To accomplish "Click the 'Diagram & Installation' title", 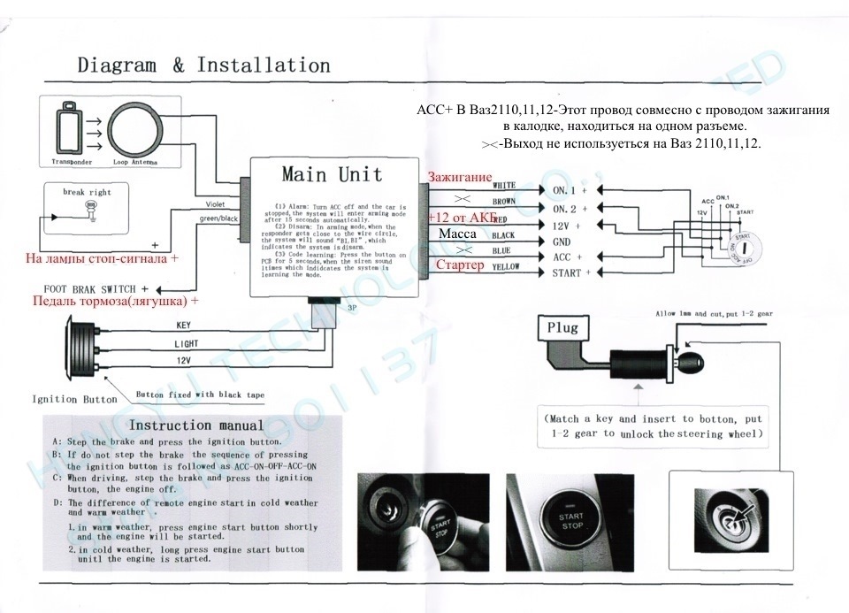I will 203,65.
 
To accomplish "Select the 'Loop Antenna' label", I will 134,163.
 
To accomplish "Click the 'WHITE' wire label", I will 503,187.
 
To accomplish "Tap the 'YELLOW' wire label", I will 505,266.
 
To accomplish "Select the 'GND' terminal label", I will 562,241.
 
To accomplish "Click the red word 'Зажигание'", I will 459,178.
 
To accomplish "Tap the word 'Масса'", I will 457,234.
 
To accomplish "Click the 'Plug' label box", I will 562,327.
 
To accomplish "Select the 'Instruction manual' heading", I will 196,426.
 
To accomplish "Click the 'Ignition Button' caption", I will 74,399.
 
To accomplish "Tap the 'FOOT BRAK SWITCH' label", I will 89,289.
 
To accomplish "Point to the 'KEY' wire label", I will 184,326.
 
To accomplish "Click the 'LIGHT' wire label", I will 187,343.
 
